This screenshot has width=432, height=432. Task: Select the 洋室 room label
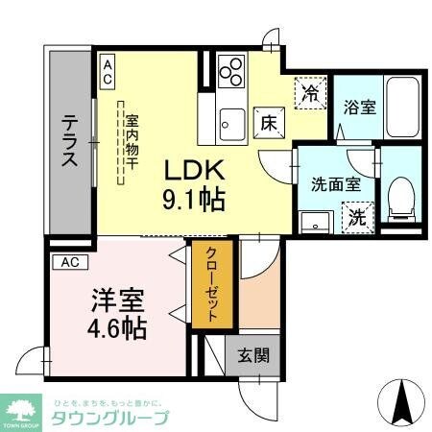pos(118,300)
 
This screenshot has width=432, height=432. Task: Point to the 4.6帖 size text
pos(118,328)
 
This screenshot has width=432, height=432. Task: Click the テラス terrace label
pos(70,142)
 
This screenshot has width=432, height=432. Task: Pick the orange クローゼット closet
pos(210,286)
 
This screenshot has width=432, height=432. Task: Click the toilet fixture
pos(401,198)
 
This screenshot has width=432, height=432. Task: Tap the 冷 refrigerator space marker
pos(310,94)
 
